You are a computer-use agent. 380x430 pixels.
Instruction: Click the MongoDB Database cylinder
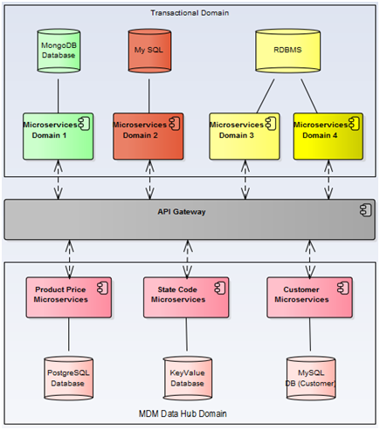click(x=59, y=51)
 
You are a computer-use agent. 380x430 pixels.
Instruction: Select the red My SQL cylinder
click(x=149, y=51)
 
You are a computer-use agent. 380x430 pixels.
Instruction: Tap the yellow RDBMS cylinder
click(x=288, y=51)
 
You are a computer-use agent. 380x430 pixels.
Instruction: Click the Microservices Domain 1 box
click(x=59, y=136)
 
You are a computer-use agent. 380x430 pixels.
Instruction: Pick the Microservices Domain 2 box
click(x=149, y=136)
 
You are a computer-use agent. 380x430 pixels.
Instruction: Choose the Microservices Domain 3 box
click(x=245, y=136)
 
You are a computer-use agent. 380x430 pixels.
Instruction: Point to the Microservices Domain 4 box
click(x=328, y=136)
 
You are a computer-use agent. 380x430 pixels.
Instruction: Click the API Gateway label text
click(x=182, y=212)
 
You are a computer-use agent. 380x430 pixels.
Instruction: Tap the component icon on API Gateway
click(x=365, y=210)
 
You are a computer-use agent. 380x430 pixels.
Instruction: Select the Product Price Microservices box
click(x=69, y=297)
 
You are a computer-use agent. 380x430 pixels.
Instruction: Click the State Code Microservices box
click(x=186, y=297)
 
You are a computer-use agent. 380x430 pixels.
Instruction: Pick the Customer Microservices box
click(x=309, y=297)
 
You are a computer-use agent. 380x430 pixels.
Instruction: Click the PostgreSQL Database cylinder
click(x=68, y=378)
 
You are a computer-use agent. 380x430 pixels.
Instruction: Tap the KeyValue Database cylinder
click(x=187, y=378)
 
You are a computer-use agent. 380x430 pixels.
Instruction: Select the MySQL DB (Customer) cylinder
click(x=311, y=378)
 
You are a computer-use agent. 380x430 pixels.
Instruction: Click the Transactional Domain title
click(x=190, y=13)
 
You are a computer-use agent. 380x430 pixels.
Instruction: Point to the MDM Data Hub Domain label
click(x=183, y=413)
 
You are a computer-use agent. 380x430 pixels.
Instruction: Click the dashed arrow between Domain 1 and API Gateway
click(x=59, y=180)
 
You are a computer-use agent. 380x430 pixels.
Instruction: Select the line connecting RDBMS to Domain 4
click(x=309, y=96)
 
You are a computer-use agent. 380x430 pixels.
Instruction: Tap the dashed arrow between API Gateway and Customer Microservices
click(x=310, y=258)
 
